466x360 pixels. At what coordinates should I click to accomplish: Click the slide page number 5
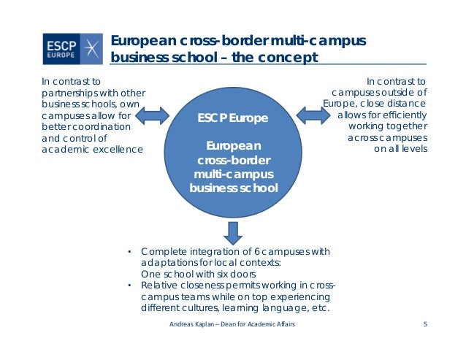pos(424,323)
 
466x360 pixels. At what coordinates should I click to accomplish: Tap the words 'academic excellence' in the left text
pos(92,150)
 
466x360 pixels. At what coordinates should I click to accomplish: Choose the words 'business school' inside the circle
pos(233,187)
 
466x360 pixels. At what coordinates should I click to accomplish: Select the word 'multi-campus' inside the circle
pos(233,173)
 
